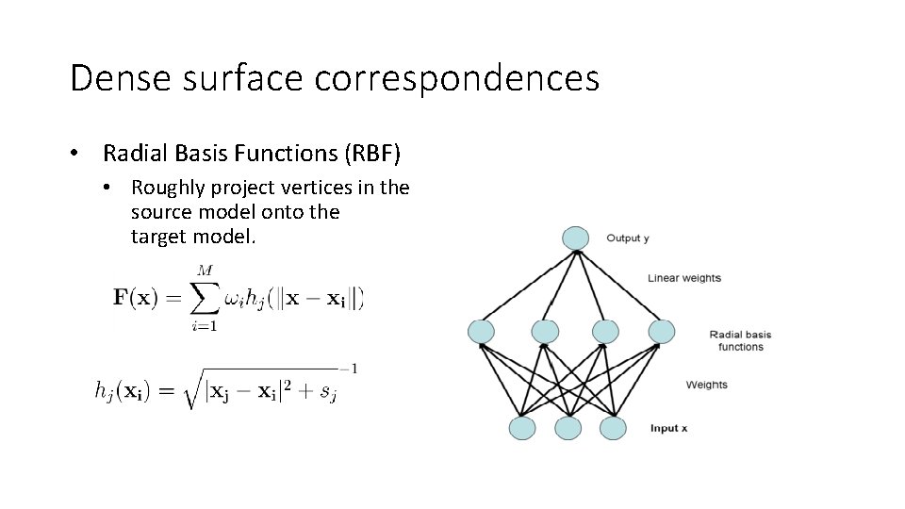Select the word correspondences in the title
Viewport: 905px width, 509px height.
click(x=457, y=78)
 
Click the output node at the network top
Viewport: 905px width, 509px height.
click(x=574, y=238)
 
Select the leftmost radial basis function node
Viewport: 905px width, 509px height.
click(x=482, y=331)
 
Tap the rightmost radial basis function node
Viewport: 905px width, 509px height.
click(x=662, y=331)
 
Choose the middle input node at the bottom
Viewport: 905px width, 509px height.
click(x=568, y=428)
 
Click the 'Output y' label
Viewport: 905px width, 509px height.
click(x=627, y=238)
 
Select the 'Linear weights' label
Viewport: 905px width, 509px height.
click(x=684, y=278)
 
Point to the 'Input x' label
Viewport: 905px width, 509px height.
click(x=668, y=428)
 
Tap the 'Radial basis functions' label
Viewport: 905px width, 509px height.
click(x=740, y=340)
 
